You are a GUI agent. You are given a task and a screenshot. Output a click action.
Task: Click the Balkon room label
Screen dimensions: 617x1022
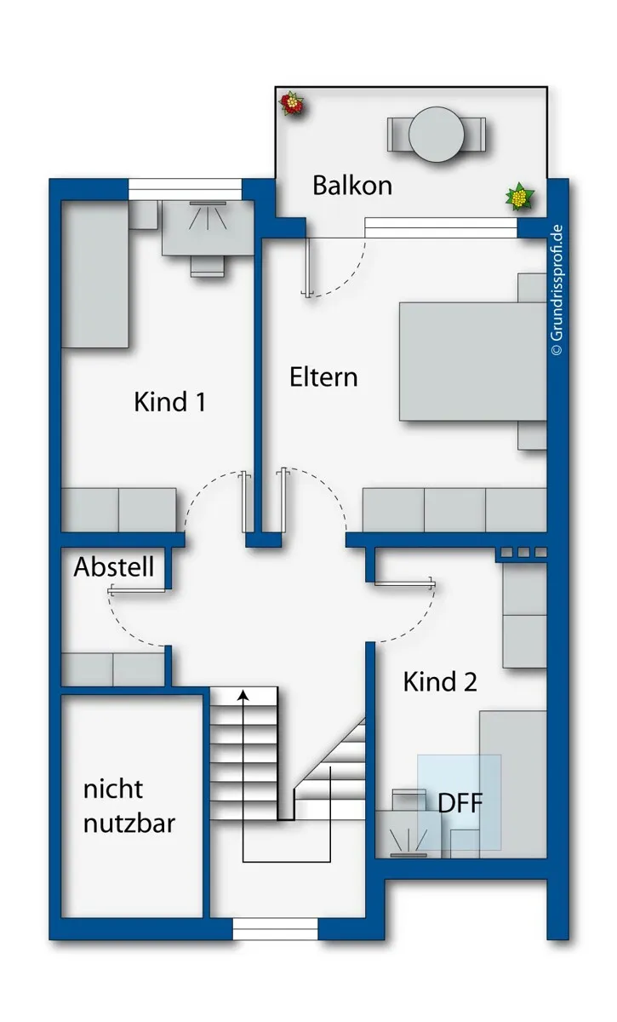[x=352, y=186]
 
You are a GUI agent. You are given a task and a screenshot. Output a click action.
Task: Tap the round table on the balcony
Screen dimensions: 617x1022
[x=437, y=135]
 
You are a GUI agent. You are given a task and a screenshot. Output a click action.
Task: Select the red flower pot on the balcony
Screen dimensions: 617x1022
[x=291, y=104]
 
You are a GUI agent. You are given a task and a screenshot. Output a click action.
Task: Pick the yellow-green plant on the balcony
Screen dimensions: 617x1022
[x=519, y=197]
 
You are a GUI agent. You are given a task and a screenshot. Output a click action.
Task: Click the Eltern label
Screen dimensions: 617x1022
[x=323, y=377]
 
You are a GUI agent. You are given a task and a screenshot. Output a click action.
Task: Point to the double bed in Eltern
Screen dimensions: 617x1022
[x=473, y=361]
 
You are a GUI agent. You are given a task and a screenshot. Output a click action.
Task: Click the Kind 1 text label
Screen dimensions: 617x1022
[x=169, y=402]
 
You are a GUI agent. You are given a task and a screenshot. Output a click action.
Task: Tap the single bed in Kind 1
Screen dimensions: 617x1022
[x=94, y=273]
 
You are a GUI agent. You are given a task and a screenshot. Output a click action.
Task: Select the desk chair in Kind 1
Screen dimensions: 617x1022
[x=208, y=266]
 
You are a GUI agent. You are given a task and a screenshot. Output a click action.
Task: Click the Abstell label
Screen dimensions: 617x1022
[x=113, y=566]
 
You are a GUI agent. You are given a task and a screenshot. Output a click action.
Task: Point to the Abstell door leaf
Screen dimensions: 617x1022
[x=136, y=591]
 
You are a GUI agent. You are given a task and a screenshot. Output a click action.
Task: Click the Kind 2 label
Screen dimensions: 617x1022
[x=440, y=681]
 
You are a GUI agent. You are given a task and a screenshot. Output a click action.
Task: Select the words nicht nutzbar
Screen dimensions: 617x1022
[x=129, y=807]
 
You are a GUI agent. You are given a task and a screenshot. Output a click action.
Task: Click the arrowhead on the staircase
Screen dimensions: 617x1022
[x=243, y=695]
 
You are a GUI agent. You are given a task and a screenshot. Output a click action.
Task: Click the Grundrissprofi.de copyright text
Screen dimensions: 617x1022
[x=557, y=290]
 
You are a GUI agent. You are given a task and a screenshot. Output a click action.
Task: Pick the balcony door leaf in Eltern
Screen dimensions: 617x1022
[x=309, y=267]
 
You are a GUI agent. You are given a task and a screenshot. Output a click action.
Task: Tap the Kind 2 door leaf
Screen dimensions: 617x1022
[x=404, y=583]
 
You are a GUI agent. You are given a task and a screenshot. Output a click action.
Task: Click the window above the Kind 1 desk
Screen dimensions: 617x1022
[x=186, y=189]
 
